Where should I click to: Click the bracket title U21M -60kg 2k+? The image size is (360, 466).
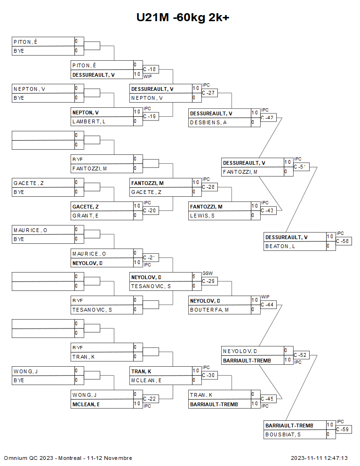point(183,18)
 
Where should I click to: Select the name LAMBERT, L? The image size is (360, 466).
point(88,121)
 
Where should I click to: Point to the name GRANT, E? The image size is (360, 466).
point(86,216)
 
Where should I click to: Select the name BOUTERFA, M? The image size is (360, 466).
point(209,310)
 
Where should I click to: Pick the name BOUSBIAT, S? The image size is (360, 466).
point(283,434)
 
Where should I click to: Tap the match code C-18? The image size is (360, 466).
point(150,69)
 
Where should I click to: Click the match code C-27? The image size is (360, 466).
point(208,93)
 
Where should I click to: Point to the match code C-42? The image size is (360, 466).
point(267,118)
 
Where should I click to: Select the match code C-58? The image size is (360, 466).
point(343,241)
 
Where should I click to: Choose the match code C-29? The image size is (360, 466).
point(208,281)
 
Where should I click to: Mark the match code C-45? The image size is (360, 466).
point(267,399)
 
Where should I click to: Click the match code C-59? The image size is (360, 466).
point(343,429)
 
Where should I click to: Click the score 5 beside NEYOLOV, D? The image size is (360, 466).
point(194,276)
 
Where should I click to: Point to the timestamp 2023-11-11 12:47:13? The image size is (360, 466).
point(319,458)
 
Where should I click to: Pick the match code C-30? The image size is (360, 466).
point(208,375)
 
